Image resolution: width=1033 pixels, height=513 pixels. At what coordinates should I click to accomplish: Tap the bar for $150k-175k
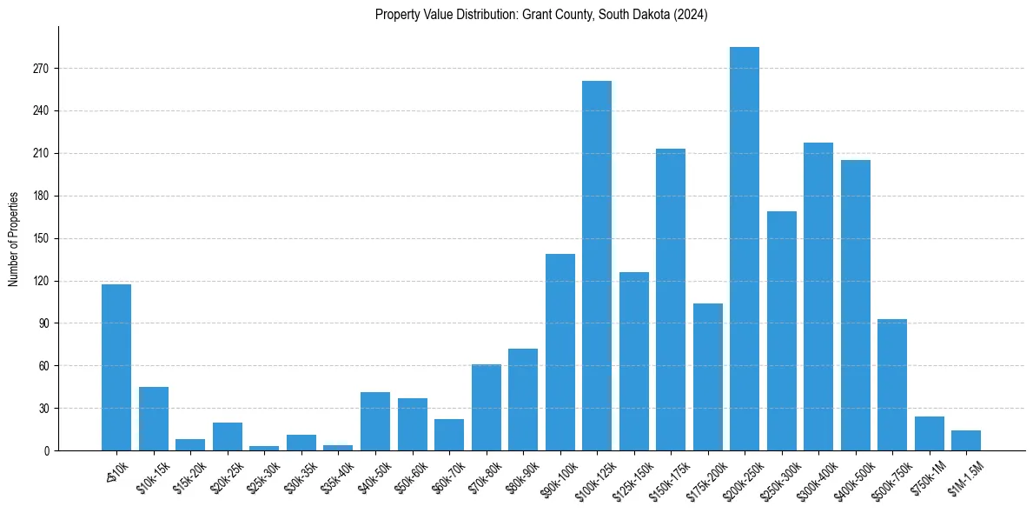(x=671, y=299)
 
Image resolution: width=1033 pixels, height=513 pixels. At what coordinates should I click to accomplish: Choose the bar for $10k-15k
(x=154, y=418)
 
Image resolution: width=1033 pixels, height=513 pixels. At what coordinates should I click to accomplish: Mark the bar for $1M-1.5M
(x=966, y=440)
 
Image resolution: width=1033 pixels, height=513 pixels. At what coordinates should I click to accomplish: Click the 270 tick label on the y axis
(x=43, y=69)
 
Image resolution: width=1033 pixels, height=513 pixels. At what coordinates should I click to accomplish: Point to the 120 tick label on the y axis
(x=43, y=281)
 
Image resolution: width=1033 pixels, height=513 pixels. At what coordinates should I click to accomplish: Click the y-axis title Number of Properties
(x=14, y=239)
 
